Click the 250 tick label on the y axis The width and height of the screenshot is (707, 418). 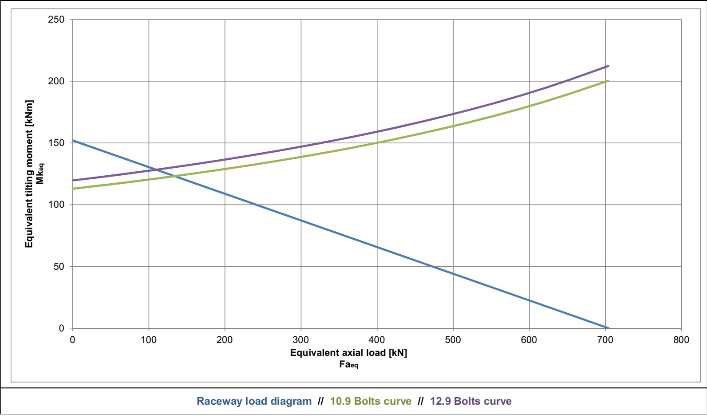[x=56, y=20]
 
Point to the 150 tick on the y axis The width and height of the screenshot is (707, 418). [x=56, y=143]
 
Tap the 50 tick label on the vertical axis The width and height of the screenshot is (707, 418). [x=59, y=267]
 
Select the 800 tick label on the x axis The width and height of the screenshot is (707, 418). [x=681, y=340]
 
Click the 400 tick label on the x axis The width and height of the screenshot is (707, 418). [x=377, y=340]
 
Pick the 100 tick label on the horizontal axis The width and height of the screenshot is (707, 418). [x=149, y=340]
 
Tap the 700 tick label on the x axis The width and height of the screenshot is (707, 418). [x=605, y=340]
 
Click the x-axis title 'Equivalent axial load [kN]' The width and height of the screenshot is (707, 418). [x=348, y=353]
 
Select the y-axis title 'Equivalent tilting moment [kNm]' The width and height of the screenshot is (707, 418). [x=29, y=174]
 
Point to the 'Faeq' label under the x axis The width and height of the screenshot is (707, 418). [x=348, y=365]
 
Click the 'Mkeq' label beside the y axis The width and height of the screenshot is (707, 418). [x=40, y=174]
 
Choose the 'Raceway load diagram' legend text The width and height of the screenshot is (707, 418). [x=254, y=402]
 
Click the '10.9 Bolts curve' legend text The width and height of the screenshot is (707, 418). [x=371, y=402]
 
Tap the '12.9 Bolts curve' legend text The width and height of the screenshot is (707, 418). [x=470, y=402]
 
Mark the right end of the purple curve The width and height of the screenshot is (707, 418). [x=608, y=66]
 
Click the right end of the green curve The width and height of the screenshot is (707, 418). [x=608, y=81]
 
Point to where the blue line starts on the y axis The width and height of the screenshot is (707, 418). [x=73, y=141]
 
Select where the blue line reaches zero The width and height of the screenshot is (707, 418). [x=608, y=328]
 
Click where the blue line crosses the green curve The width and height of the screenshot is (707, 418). [x=174, y=176]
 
